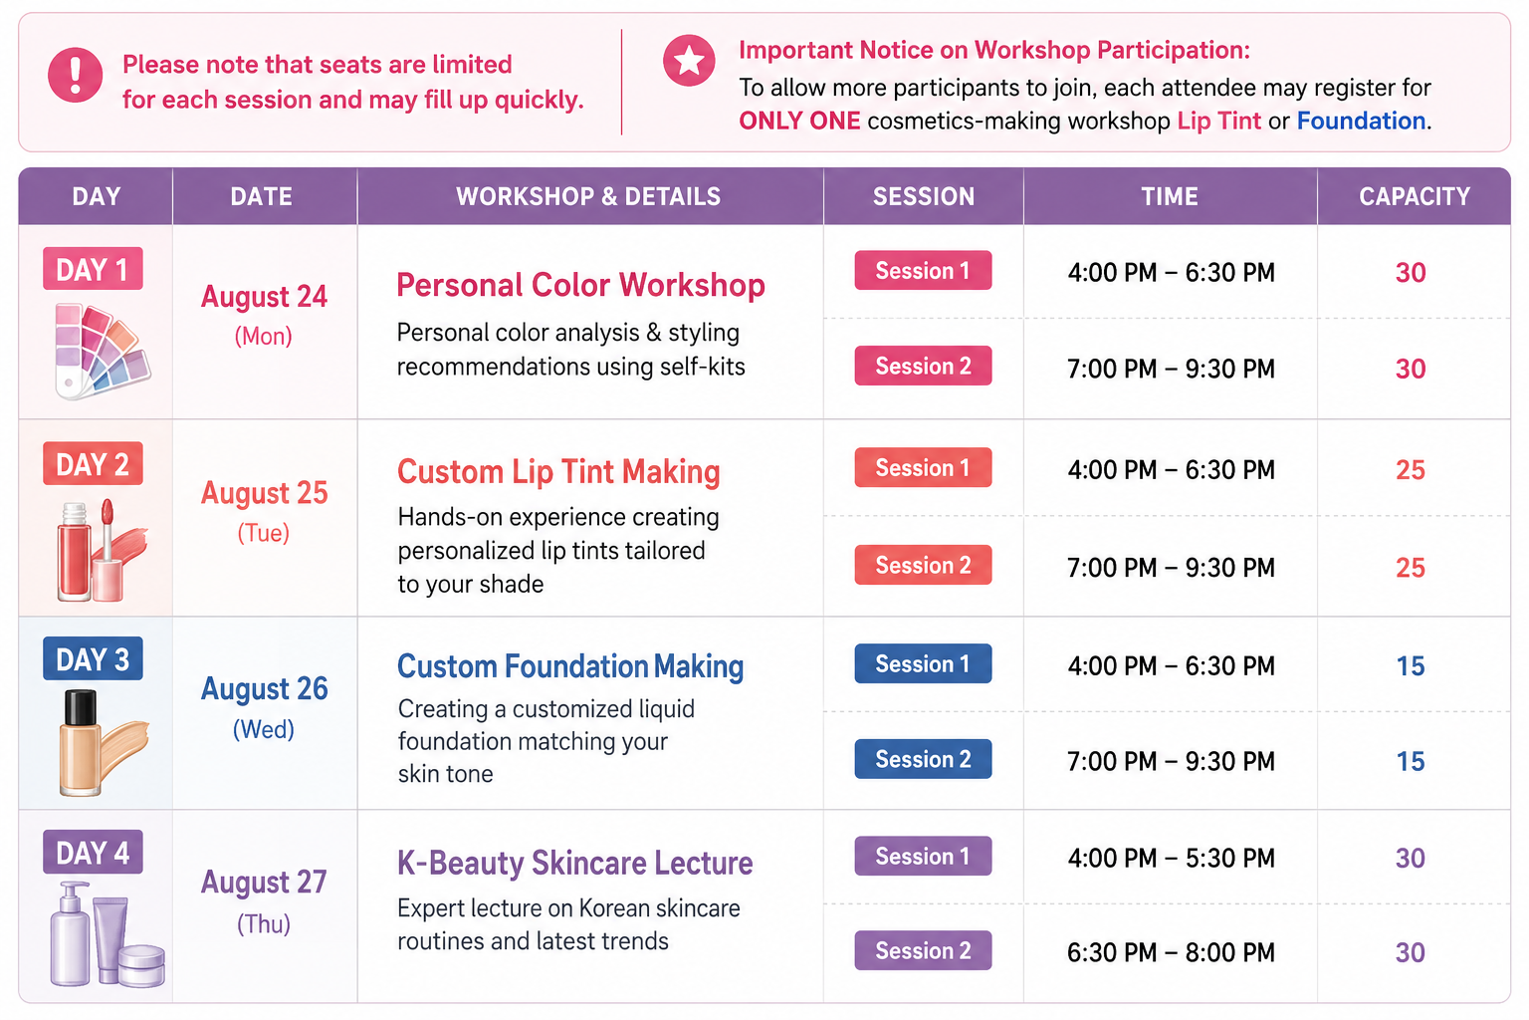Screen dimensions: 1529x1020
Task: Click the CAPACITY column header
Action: click(x=1414, y=197)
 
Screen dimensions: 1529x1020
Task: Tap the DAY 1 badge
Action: click(x=93, y=269)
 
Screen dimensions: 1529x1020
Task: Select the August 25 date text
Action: click(x=264, y=493)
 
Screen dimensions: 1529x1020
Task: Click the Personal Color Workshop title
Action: click(x=580, y=285)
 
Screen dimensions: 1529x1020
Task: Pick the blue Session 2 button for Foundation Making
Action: click(x=923, y=759)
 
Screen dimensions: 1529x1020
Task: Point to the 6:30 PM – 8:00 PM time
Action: click(x=1171, y=952)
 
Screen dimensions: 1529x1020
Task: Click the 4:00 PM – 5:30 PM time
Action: click(x=1171, y=858)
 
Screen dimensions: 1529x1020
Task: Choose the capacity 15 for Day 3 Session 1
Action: click(x=1411, y=666)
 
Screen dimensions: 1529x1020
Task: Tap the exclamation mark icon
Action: click(x=75, y=75)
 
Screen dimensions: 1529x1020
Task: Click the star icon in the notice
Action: click(x=689, y=61)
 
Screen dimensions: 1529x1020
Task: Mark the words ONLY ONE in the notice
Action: click(x=799, y=121)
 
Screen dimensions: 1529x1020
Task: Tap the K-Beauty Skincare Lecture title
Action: click(x=574, y=863)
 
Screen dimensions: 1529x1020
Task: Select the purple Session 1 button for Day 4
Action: click(x=923, y=856)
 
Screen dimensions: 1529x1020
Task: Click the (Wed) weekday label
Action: click(x=264, y=730)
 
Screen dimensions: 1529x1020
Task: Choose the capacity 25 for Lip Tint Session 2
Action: click(x=1411, y=568)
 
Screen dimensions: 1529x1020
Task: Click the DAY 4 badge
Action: click(x=93, y=853)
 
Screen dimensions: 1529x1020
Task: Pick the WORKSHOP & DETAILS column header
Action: click(x=588, y=197)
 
